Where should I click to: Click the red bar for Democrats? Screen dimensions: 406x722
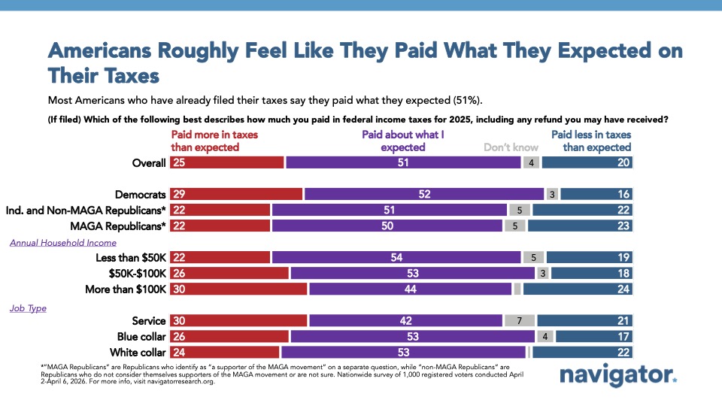pyautogui.click(x=236, y=194)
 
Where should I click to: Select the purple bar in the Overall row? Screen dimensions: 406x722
pyautogui.click(x=403, y=162)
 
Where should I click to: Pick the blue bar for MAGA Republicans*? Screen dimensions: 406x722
pyautogui.click(x=580, y=226)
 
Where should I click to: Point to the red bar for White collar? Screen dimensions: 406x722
pyautogui.click(x=225, y=352)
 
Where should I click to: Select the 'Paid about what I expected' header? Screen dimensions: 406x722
pyautogui.click(x=403, y=141)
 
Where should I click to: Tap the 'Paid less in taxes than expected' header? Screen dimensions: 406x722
pyautogui.click(x=591, y=141)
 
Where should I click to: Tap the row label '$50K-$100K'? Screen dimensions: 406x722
pyautogui.click(x=137, y=273)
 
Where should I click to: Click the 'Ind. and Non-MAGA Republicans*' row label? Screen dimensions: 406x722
pyautogui.click(x=86, y=210)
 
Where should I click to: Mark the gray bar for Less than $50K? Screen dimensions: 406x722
pyautogui.click(x=532, y=257)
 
